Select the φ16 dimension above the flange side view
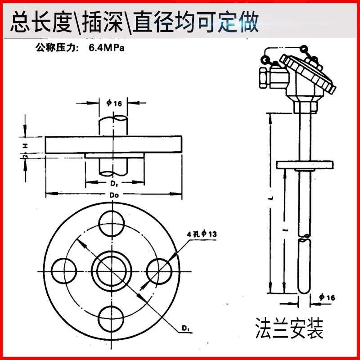tap(114, 103)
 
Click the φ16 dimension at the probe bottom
tap(327, 297)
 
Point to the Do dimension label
tap(114, 195)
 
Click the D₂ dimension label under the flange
tap(114, 184)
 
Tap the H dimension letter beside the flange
tap(26, 145)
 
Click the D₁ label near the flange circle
tap(185, 330)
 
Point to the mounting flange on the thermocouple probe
tap(305, 165)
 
